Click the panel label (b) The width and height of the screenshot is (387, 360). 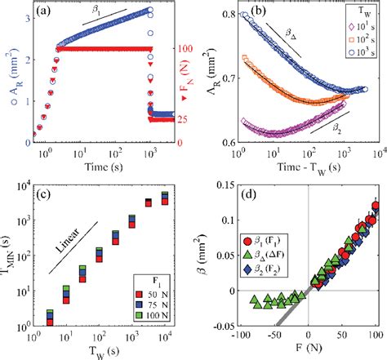tap(247, 12)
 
